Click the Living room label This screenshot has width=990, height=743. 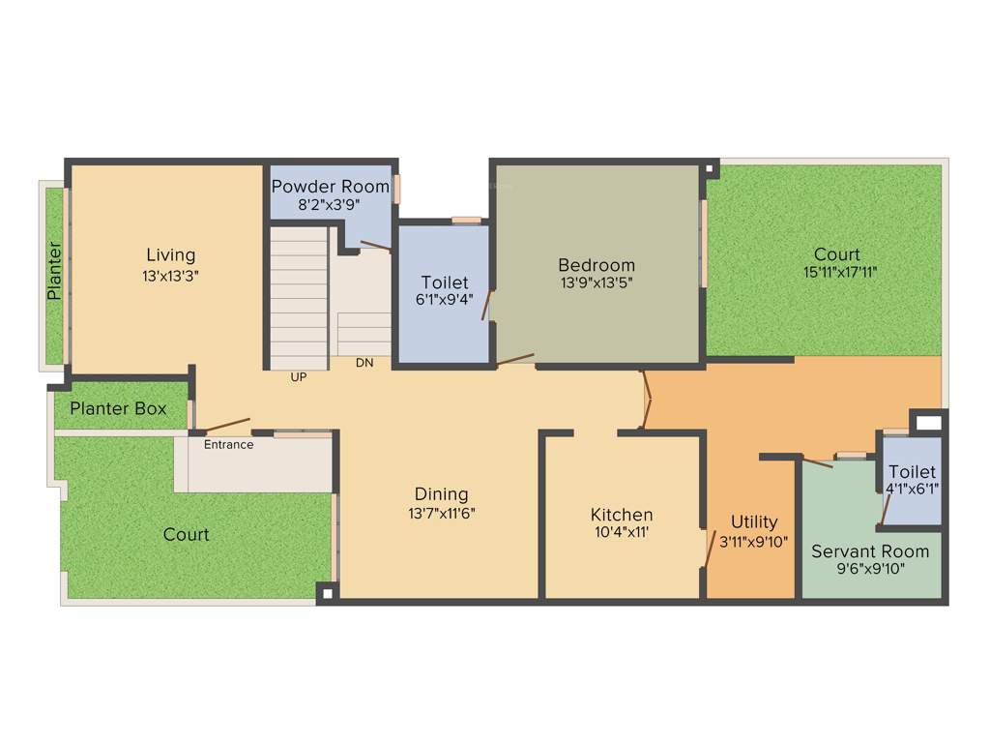click(171, 255)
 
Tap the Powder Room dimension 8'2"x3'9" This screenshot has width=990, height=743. click(331, 204)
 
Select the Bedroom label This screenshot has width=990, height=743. click(597, 265)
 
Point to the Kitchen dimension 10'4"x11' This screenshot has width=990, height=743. click(623, 533)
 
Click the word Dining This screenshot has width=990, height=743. click(441, 494)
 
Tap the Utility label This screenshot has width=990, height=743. click(754, 522)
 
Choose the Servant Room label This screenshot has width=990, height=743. click(870, 551)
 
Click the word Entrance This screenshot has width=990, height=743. click(228, 445)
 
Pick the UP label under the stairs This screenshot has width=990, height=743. click(299, 377)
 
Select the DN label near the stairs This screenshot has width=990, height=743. click(364, 363)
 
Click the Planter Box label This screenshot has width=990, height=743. click(118, 409)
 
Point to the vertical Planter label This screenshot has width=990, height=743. click(55, 270)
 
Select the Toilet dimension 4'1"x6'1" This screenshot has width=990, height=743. click(912, 490)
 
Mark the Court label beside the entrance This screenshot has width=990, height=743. click(186, 535)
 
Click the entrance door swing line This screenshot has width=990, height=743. click(223, 426)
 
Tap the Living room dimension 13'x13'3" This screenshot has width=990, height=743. click(171, 275)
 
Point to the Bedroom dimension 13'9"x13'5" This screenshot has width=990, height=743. click(597, 283)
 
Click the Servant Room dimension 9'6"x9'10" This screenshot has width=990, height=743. click(870, 569)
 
